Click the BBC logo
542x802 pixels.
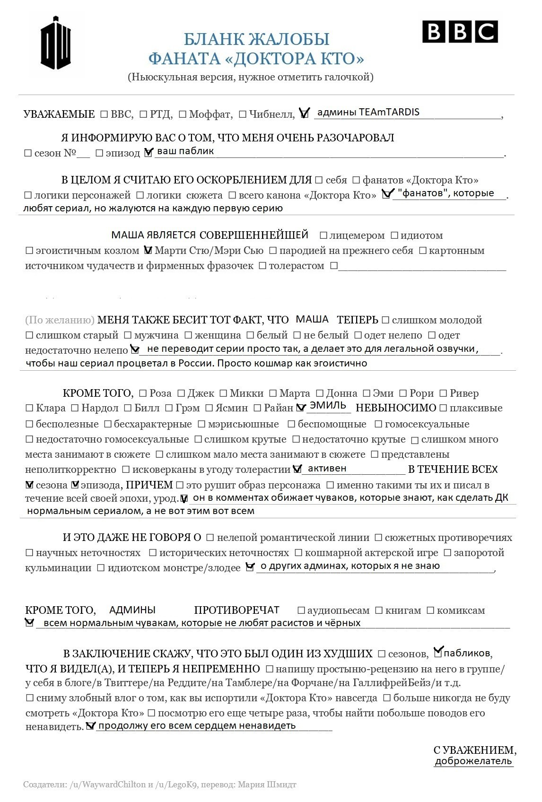pos(460,32)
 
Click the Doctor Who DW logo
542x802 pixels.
pos(55,43)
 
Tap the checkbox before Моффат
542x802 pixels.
pos(183,114)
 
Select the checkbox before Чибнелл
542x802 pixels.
pos(243,114)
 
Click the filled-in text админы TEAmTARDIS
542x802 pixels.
pos(368,113)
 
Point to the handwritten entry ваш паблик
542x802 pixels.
pos(185,151)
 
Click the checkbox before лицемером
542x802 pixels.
pos(323,235)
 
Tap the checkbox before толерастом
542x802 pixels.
pos(263,266)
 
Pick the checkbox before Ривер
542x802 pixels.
pos(444,393)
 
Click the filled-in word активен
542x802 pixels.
pos(327,469)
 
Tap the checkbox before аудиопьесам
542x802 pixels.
pos(301,610)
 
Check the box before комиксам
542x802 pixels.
pos(431,610)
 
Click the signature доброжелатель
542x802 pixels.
pos(473,761)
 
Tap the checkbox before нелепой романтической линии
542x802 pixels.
pos(210,538)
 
